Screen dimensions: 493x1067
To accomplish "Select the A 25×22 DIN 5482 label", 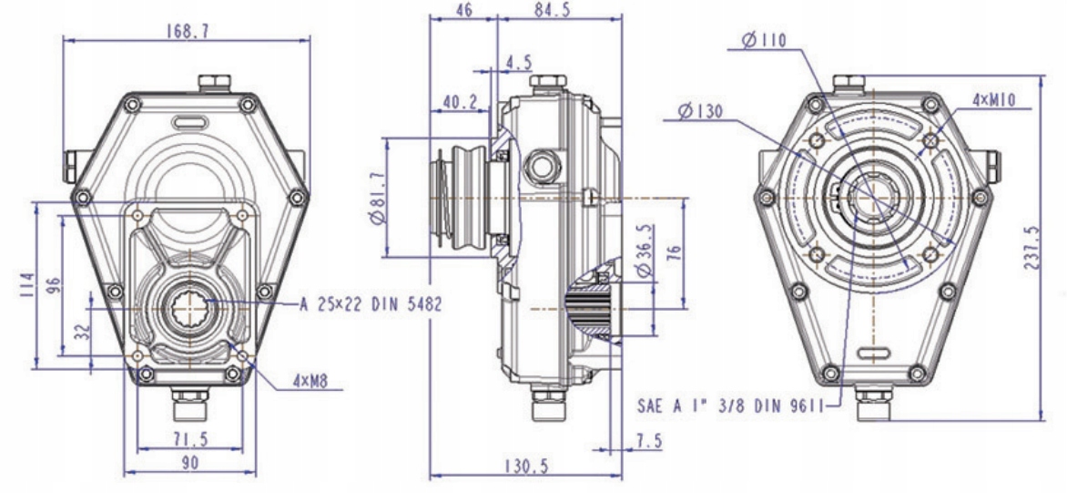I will coord(370,304).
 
